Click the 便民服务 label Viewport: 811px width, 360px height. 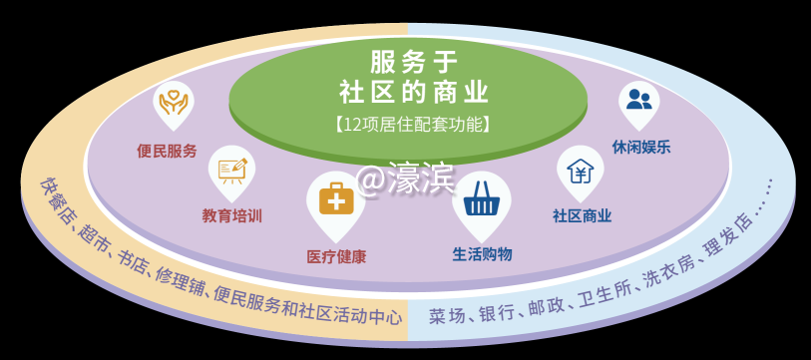[x=167, y=152]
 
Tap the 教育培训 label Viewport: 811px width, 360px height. [x=231, y=215]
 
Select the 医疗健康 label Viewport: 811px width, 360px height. [x=336, y=257]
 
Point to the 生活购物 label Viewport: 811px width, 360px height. [x=482, y=254]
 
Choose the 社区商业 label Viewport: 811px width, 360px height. [x=582, y=215]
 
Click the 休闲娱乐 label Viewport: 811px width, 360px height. [x=641, y=147]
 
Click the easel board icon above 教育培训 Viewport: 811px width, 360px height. [x=231, y=167]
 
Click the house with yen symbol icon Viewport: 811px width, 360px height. [x=580, y=169]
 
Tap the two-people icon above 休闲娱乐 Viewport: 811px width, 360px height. [x=639, y=99]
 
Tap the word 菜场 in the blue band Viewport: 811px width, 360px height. [x=448, y=316]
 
